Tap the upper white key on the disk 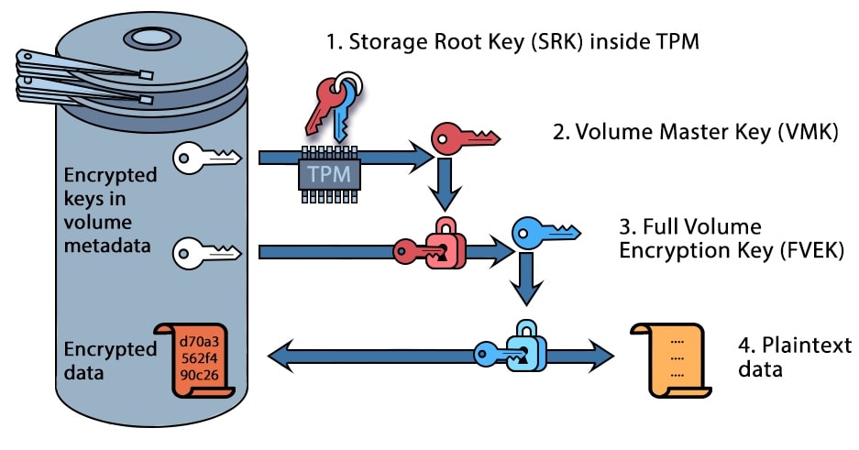[206, 157]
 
